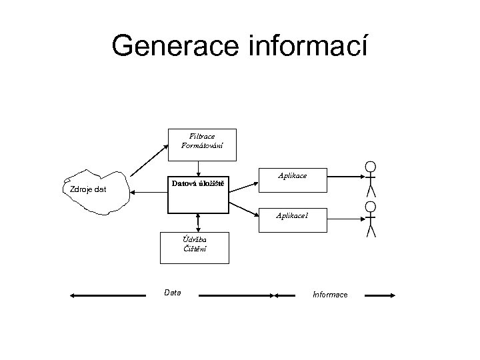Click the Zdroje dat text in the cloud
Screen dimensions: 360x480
click(88, 191)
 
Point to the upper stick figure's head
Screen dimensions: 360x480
click(371, 166)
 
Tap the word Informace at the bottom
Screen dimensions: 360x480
click(329, 294)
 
